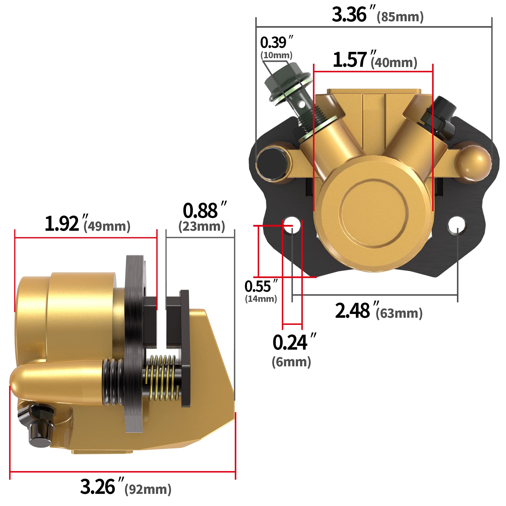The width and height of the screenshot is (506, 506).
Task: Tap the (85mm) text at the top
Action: tap(400, 17)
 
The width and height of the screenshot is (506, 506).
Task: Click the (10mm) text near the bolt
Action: tap(276, 55)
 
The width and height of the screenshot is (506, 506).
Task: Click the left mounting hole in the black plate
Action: tap(292, 225)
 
